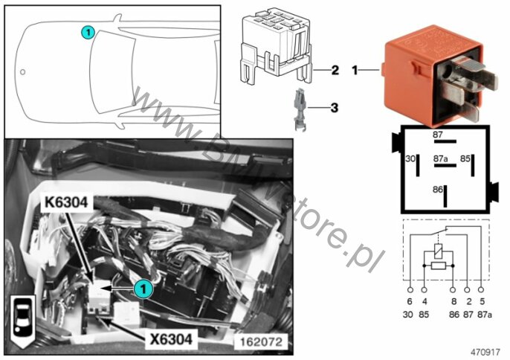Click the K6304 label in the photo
pos(66,202)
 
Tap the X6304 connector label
pos(171,339)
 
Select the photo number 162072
pos(261,341)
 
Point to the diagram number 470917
pos(485,352)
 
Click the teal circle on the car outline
pos(88,33)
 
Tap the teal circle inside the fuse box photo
pos(143,289)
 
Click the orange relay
pos(439,75)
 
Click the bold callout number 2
pos(335,70)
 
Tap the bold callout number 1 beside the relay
pos(355,70)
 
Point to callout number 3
pos(335,108)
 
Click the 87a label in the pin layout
pos(440,159)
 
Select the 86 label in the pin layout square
pos(437,189)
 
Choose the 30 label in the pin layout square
pos(410,159)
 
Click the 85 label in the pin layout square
pos(465,158)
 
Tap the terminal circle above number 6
pos(410,289)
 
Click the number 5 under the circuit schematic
pos(482,302)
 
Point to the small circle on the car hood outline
pos(22,71)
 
